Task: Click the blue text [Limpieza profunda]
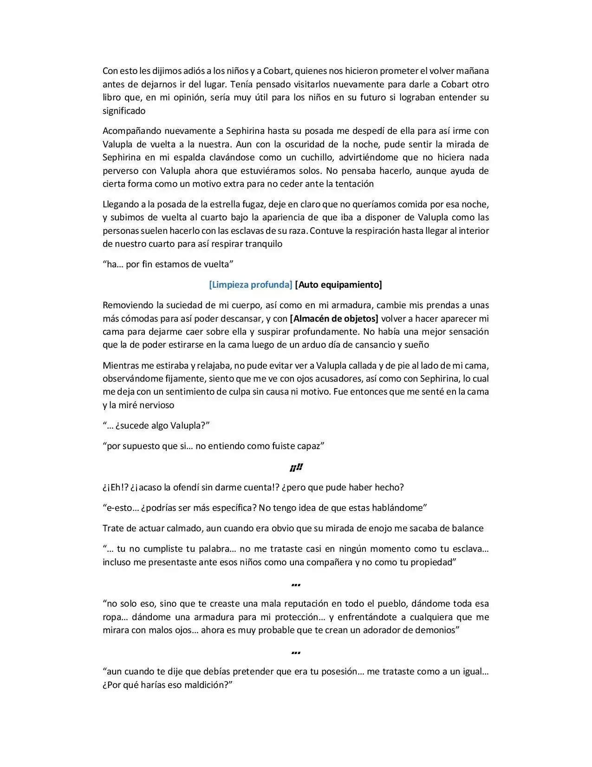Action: tap(250, 284)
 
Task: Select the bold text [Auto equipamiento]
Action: tap(338, 284)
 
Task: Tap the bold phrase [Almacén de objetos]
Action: tap(334, 318)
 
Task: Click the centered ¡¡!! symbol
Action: tap(296, 467)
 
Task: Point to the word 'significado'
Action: tap(124, 111)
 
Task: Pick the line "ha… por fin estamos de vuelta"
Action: tap(168, 264)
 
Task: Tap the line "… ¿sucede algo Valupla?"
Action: tap(156, 425)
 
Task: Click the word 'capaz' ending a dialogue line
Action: tap(310, 446)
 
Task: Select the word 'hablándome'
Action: tap(400, 508)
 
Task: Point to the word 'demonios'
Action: tap(436, 630)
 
